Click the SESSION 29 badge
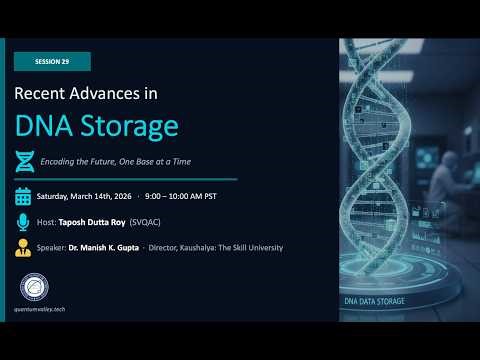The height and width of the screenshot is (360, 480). tap(52, 61)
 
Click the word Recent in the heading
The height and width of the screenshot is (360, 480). tap(43, 94)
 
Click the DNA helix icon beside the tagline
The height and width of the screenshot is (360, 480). tap(24, 161)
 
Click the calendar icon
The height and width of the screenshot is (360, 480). tap(24, 196)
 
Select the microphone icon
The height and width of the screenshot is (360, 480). tap(24, 222)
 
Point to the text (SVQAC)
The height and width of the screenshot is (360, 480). tap(158, 222)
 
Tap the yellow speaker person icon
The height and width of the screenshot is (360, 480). tap(24, 247)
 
